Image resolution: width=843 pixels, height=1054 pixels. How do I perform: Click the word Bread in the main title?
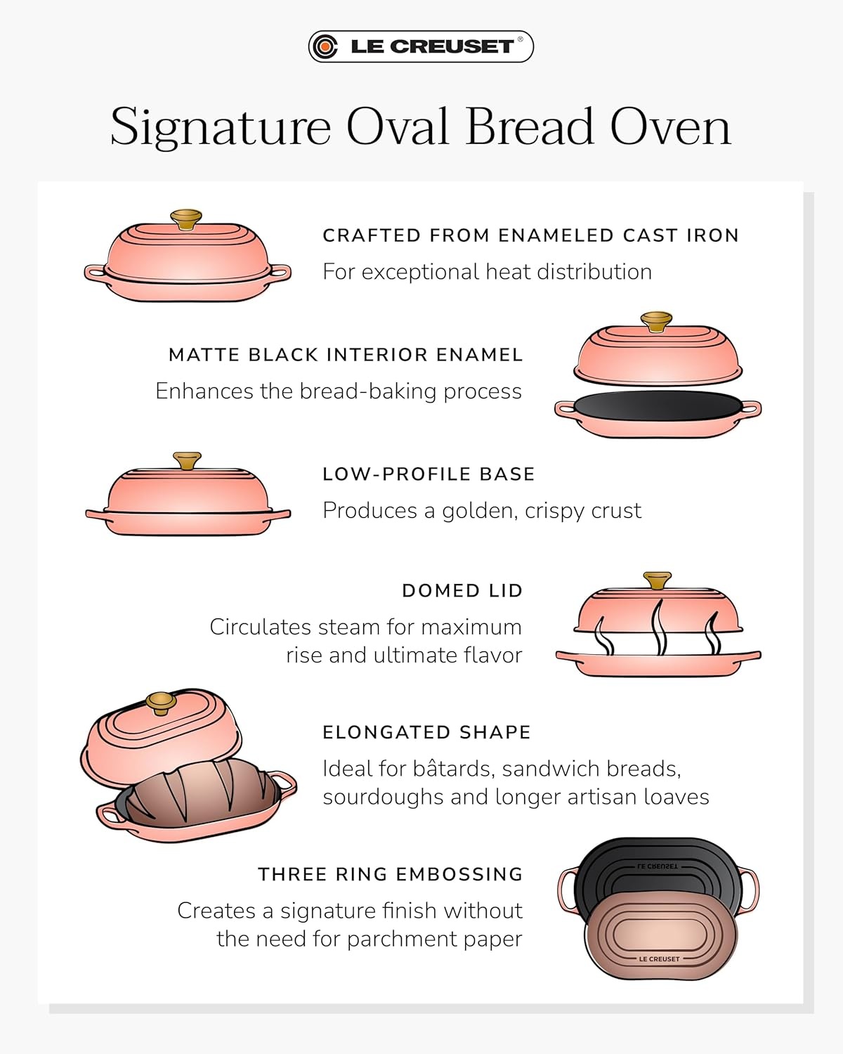(530, 126)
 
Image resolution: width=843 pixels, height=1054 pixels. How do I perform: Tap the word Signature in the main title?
(221, 127)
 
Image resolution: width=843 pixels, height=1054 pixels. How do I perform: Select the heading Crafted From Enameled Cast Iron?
(530, 235)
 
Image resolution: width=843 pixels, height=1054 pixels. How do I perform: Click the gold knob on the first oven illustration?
(186, 219)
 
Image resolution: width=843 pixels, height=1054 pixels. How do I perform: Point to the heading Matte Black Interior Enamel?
(346, 355)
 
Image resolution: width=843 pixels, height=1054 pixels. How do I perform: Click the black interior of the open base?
(658, 405)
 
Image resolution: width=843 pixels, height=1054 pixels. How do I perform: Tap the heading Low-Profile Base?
(429, 474)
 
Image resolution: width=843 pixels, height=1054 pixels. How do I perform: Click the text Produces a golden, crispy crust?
(482, 511)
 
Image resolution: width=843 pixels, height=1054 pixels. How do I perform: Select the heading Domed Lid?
(462, 591)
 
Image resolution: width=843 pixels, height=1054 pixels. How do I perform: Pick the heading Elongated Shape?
(426, 732)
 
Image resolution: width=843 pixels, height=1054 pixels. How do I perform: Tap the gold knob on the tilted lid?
(161, 703)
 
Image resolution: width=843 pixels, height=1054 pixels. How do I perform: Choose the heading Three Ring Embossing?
(391, 874)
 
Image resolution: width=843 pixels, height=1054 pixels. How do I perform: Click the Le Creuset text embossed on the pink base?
(660, 959)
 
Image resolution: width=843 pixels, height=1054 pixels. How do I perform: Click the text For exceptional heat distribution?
(488, 272)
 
